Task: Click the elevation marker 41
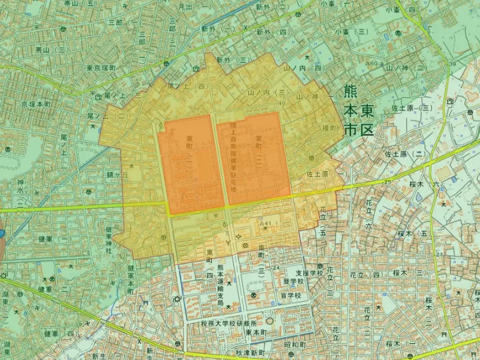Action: tap(268, 223)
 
